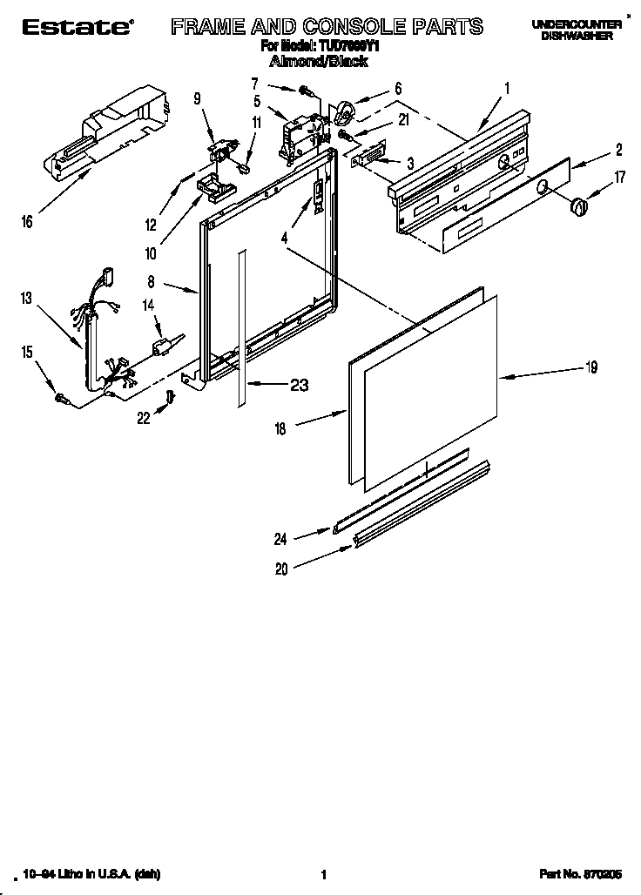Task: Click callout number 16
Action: click(x=28, y=222)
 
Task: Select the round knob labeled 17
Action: click(x=578, y=206)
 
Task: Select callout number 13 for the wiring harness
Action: click(x=27, y=299)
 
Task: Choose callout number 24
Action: click(x=280, y=539)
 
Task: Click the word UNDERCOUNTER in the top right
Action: click(x=576, y=25)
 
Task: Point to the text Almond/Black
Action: click(x=318, y=62)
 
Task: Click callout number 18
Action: click(x=280, y=427)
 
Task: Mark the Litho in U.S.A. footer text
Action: click(x=91, y=874)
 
